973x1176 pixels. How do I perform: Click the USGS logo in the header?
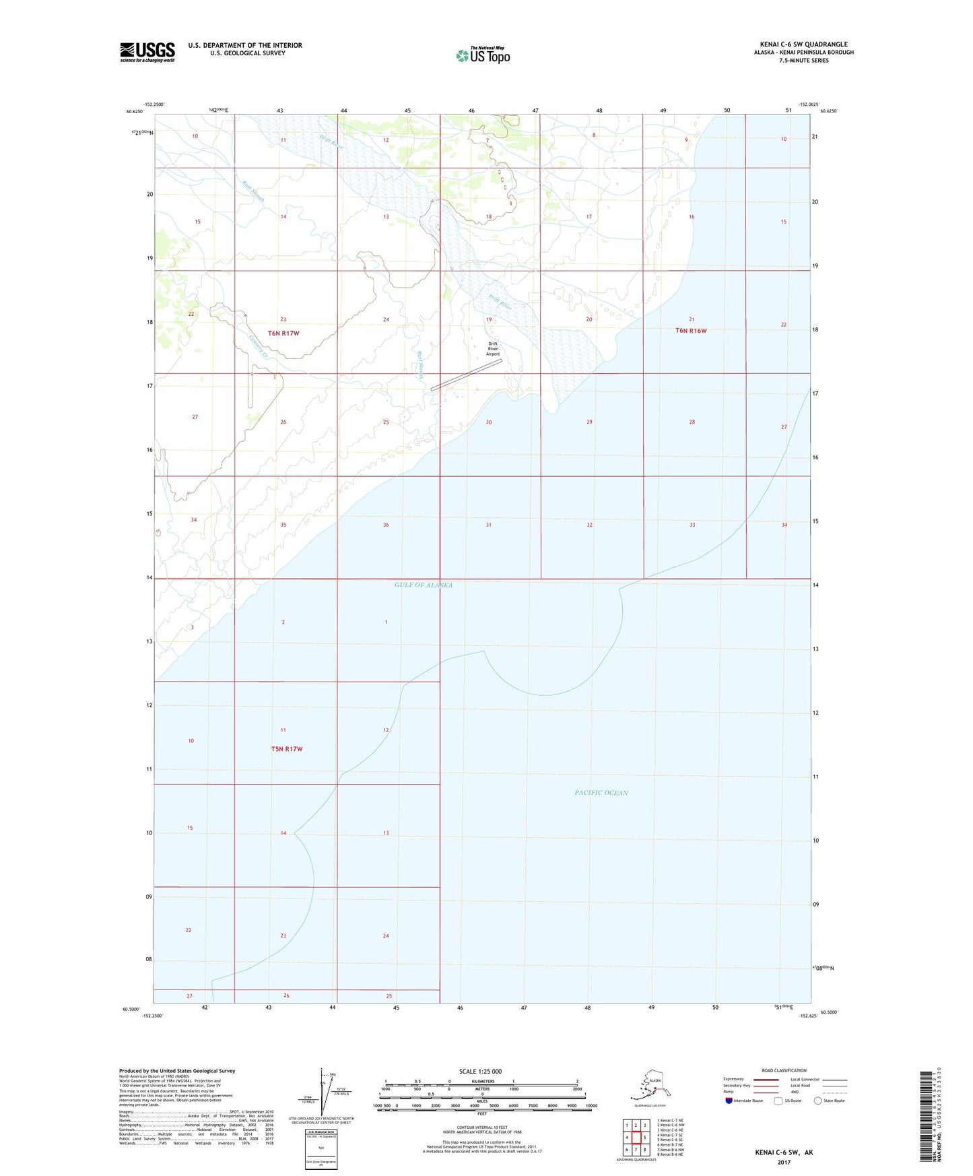147,52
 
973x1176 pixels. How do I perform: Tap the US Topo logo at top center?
483,55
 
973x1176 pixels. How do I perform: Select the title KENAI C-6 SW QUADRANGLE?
803,44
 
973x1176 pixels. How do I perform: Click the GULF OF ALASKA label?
423,585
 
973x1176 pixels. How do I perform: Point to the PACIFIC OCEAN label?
601,793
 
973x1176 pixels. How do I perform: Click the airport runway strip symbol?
467,374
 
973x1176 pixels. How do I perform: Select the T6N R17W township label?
283,333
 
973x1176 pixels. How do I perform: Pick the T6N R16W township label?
691,331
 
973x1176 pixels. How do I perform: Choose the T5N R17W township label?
286,749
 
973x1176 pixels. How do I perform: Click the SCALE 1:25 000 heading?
480,1072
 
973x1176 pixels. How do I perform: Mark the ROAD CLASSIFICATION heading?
784,1070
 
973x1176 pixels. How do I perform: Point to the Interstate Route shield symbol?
729,1101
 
